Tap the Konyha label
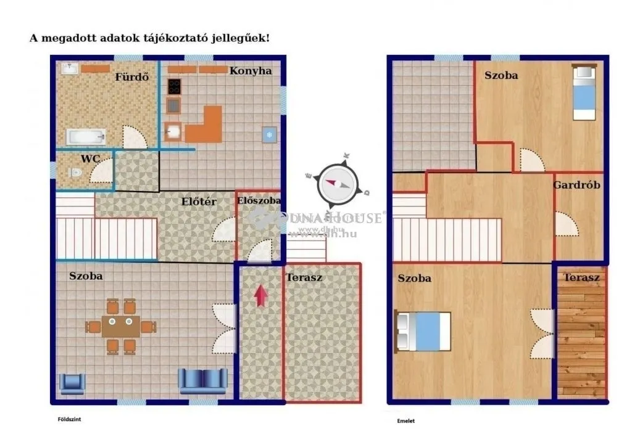(x=251, y=71)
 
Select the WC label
(x=90, y=158)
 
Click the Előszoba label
(x=259, y=200)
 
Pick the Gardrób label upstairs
(x=576, y=185)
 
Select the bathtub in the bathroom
(x=86, y=137)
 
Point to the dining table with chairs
(x=120, y=326)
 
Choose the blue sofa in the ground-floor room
(x=202, y=381)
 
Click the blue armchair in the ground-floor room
(x=72, y=383)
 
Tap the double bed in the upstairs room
(x=423, y=331)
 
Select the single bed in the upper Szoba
(x=584, y=92)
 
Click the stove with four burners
(x=174, y=87)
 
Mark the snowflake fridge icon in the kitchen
(x=268, y=135)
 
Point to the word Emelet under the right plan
(x=405, y=421)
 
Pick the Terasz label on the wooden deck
(x=581, y=278)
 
